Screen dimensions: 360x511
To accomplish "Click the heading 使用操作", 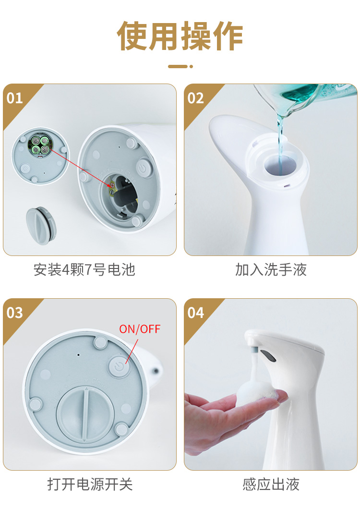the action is coord(180,36).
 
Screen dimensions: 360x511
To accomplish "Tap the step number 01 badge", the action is coord(15,98).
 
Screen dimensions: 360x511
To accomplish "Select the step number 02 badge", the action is coord(195,98).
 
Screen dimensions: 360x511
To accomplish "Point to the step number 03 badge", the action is coord(15,313).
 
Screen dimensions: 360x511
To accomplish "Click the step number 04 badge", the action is coord(195,313).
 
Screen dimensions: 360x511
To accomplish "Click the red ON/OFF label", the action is coord(140,329).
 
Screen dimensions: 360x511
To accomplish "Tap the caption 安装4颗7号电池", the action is coord(84,270).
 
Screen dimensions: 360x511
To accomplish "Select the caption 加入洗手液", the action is coord(271,270).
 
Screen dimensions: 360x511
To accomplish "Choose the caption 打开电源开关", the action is coord(90,484).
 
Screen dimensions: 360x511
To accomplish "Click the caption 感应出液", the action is coord(271,484).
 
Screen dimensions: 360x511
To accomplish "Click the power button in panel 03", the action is coord(120,367).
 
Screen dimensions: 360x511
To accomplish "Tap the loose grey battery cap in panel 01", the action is coord(41,225).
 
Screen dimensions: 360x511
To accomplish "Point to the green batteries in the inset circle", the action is coord(40,145).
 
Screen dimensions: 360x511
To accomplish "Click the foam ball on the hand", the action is coord(255,393).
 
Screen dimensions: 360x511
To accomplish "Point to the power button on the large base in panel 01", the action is coord(143,168).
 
